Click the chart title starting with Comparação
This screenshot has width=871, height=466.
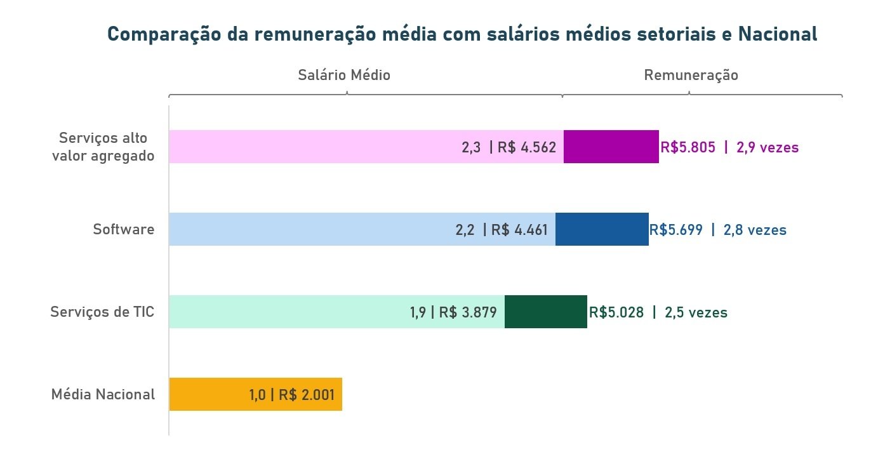pos(462,34)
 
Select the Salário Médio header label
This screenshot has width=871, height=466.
pos(344,75)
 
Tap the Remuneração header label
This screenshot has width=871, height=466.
pos(691,75)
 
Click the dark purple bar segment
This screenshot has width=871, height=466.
pos(611,147)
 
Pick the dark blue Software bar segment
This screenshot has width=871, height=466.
pos(602,229)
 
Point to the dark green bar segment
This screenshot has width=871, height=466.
pos(545,312)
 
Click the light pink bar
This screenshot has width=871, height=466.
pos(311,147)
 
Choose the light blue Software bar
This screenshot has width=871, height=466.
pos(305,229)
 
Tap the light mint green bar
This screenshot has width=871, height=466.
pos(286,312)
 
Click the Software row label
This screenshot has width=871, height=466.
pos(124,229)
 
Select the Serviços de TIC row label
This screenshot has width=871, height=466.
pos(103,312)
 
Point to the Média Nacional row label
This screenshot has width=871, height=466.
pos(103,394)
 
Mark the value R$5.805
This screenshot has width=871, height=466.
pos(688,147)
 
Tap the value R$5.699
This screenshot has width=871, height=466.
pos(676,230)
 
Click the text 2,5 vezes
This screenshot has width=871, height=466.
pos(696,312)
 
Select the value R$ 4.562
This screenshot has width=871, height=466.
pos(527,147)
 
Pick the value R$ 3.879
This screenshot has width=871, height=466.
pos(468,312)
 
